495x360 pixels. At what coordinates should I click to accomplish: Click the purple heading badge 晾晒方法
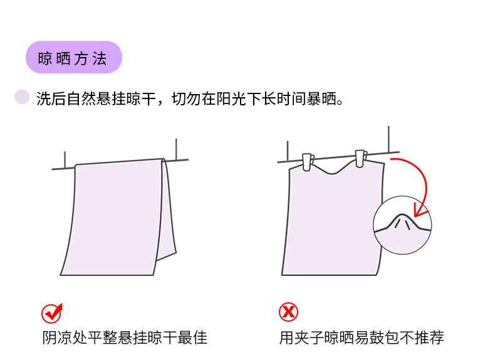[73, 57]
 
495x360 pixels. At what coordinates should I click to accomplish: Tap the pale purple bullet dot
[22, 97]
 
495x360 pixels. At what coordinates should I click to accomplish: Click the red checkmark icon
[52, 313]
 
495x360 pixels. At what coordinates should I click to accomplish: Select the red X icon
[288, 312]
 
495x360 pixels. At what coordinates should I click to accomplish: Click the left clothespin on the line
[308, 162]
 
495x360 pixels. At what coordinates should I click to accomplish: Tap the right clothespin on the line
[361, 158]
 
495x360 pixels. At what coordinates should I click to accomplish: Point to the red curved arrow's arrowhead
[420, 211]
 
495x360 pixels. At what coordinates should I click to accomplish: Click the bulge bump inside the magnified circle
[402, 220]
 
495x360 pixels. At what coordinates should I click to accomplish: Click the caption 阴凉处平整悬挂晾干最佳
[125, 337]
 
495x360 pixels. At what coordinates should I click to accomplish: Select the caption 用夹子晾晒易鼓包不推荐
[362, 337]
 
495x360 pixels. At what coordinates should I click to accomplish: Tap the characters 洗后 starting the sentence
[51, 98]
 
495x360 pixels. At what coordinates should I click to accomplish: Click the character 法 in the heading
[100, 59]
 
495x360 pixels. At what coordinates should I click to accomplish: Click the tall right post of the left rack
[176, 149]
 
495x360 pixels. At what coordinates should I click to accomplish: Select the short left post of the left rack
[65, 159]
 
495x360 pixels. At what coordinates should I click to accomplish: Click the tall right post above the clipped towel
[388, 139]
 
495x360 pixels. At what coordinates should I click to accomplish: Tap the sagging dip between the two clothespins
[332, 173]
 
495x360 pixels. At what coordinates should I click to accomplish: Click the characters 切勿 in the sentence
[186, 98]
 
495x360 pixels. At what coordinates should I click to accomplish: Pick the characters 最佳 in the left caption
[192, 337]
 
